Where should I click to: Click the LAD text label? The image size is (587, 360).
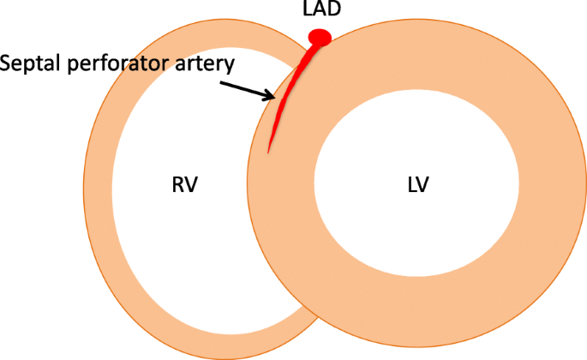[320, 11]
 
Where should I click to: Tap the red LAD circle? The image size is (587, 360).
[320, 37]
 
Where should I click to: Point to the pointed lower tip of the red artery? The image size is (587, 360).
[269, 152]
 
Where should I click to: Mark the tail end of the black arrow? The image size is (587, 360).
[222, 82]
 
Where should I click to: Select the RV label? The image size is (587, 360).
[183, 184]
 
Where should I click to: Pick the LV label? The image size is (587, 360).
[417, 184]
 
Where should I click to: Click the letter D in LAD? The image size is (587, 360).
[334, 11]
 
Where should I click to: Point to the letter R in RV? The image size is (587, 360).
[177, 184]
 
